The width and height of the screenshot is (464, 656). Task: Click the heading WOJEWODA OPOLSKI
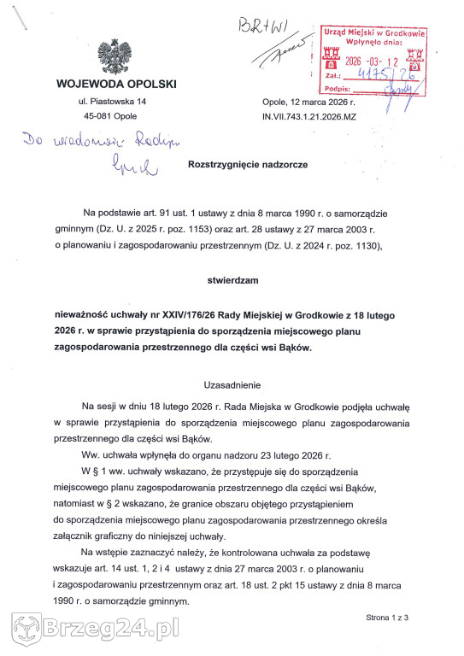[x=115, y=84]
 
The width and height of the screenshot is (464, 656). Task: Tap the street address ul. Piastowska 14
[x=112, y=102]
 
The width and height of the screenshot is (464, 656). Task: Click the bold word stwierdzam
[x=232, y=278]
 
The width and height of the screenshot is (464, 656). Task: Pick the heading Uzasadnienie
[x=232, y=385]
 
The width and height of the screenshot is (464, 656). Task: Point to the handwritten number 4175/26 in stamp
[x=388, y=75]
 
